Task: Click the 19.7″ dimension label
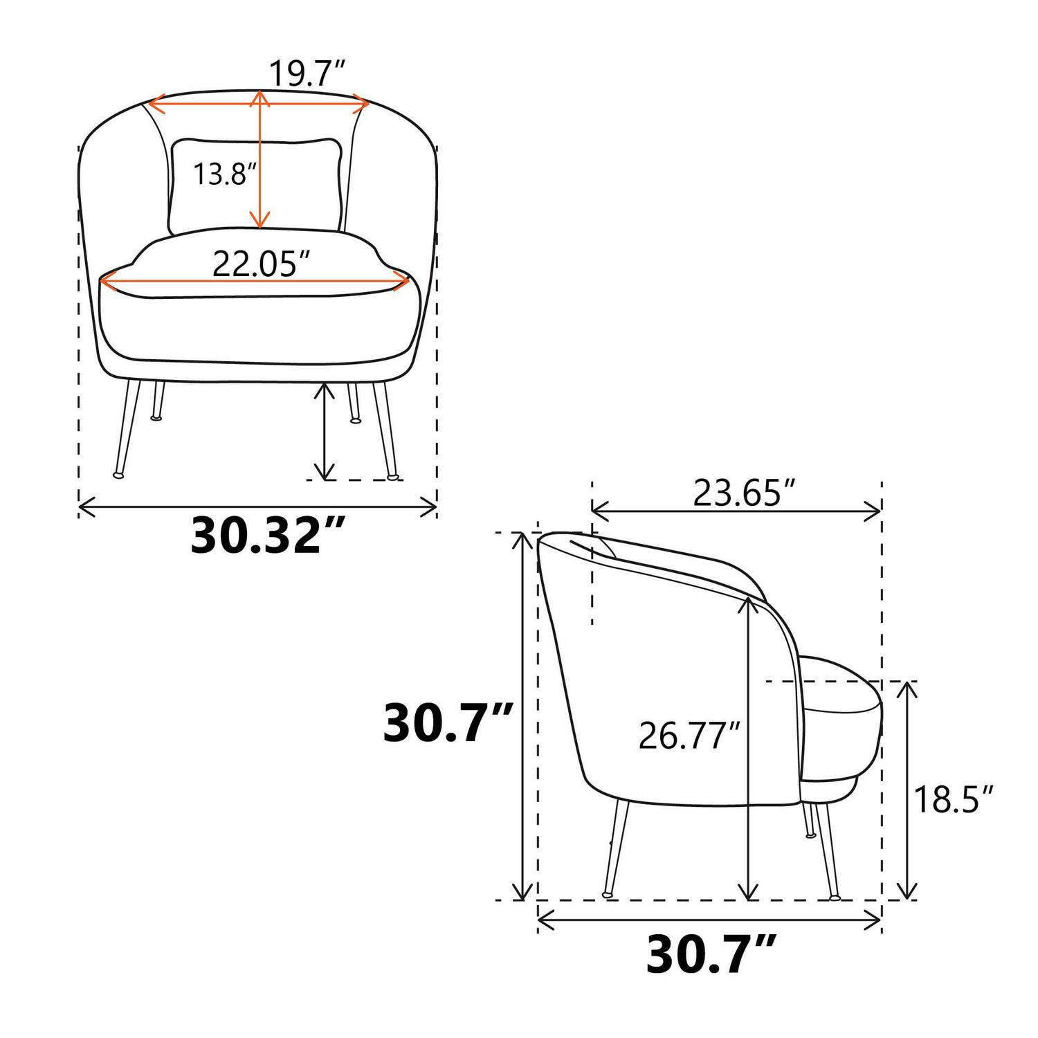point(307,73)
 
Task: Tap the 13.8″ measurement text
point(219,174)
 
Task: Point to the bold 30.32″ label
point(257,535)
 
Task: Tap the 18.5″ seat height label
point(954,800)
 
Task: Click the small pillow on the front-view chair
point(256,185)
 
